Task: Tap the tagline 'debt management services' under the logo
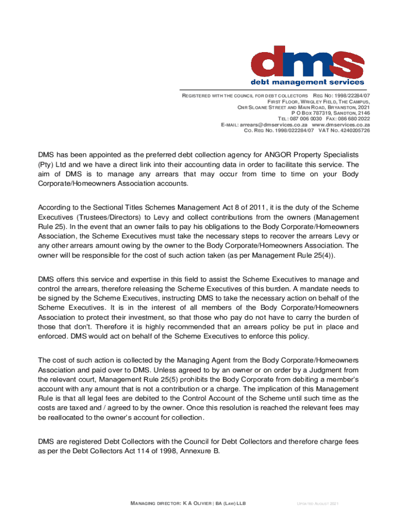307,82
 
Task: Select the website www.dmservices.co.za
341,125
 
